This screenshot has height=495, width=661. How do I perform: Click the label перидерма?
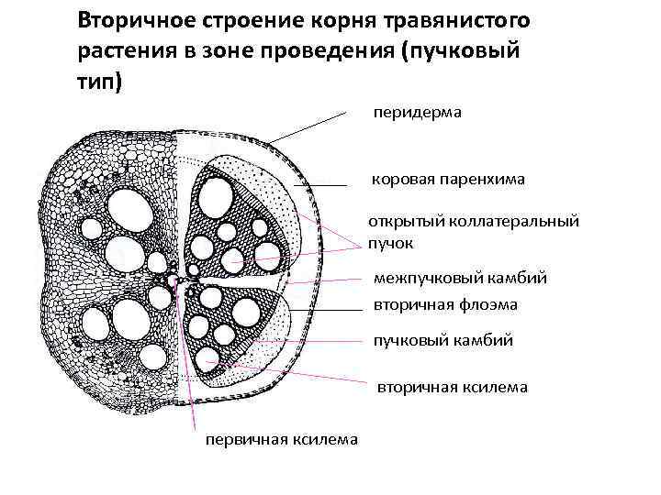(417, 113)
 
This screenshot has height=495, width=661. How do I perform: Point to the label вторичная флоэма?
(445, 304)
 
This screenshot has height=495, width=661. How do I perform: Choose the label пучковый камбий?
(443, 341)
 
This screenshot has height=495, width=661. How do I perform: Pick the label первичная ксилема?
(281, 439)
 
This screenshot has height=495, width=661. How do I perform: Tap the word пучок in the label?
(391, 243)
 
